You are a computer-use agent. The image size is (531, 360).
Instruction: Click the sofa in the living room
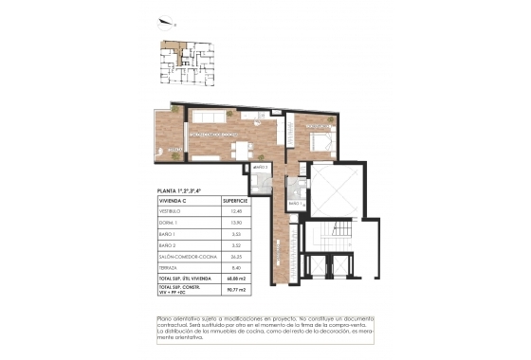[x=207, y=117]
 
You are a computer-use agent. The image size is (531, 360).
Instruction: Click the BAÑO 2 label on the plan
[x=258, y=168]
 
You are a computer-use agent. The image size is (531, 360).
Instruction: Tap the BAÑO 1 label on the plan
[x=295, y=203]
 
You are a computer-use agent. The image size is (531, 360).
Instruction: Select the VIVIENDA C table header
[x=174, y=201]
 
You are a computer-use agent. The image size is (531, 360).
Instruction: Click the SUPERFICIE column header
[x=235, y=201]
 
